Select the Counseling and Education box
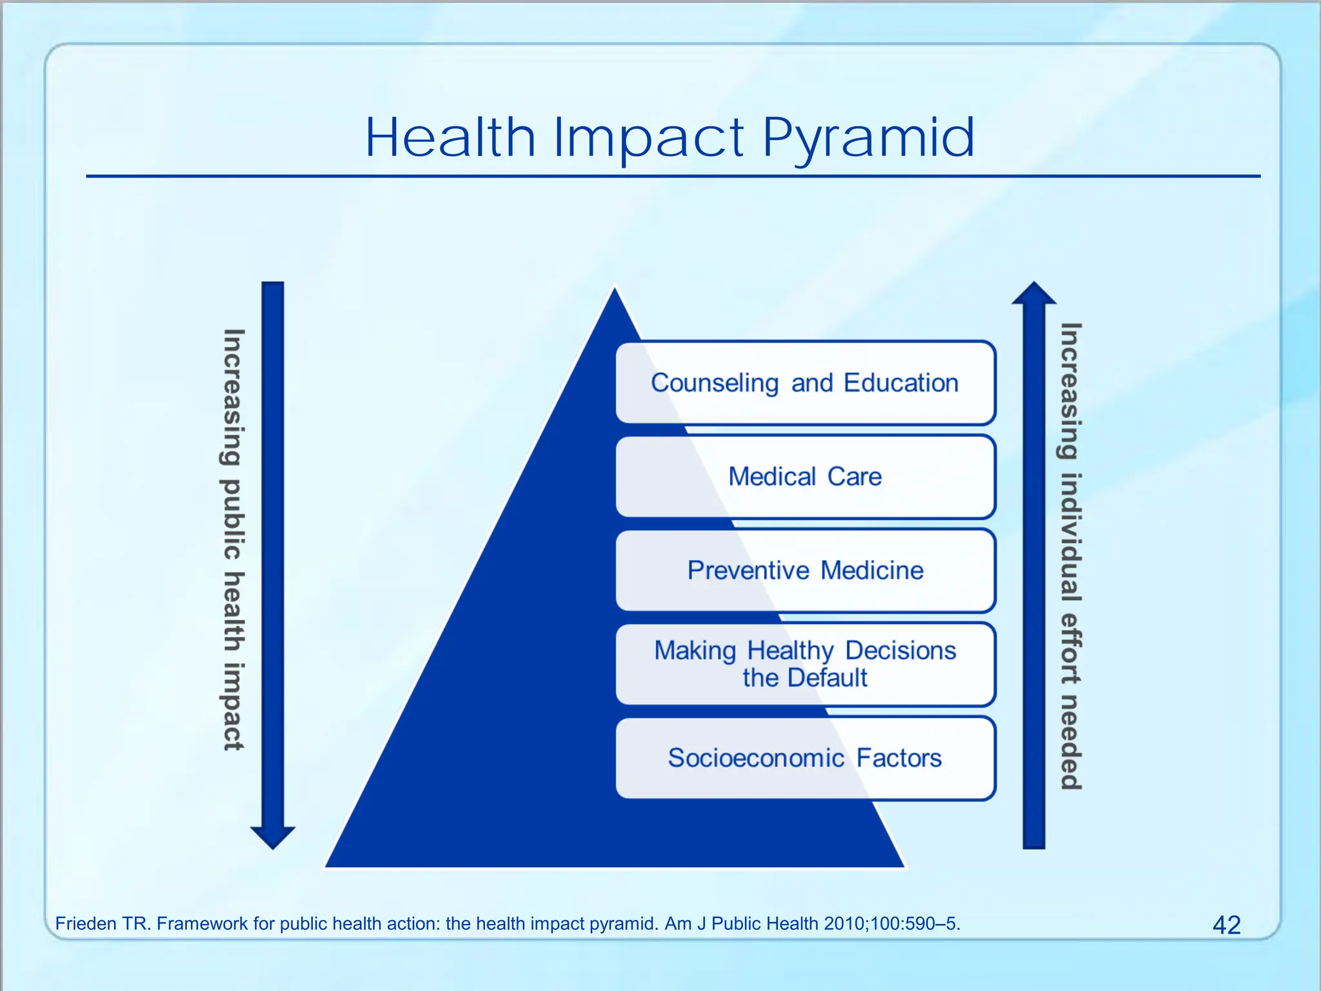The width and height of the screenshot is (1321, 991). [805, 383]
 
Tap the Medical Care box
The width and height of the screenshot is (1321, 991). [805, 477]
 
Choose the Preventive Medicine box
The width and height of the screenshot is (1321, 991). [805, 570]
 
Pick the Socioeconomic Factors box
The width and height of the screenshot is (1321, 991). [805, 758]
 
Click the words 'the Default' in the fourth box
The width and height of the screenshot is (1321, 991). [805, 678]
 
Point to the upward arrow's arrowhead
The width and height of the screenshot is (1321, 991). [1034, 294]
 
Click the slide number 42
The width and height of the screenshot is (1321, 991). [1226, 925]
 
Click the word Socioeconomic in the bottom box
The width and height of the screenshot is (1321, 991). [756, 758]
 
